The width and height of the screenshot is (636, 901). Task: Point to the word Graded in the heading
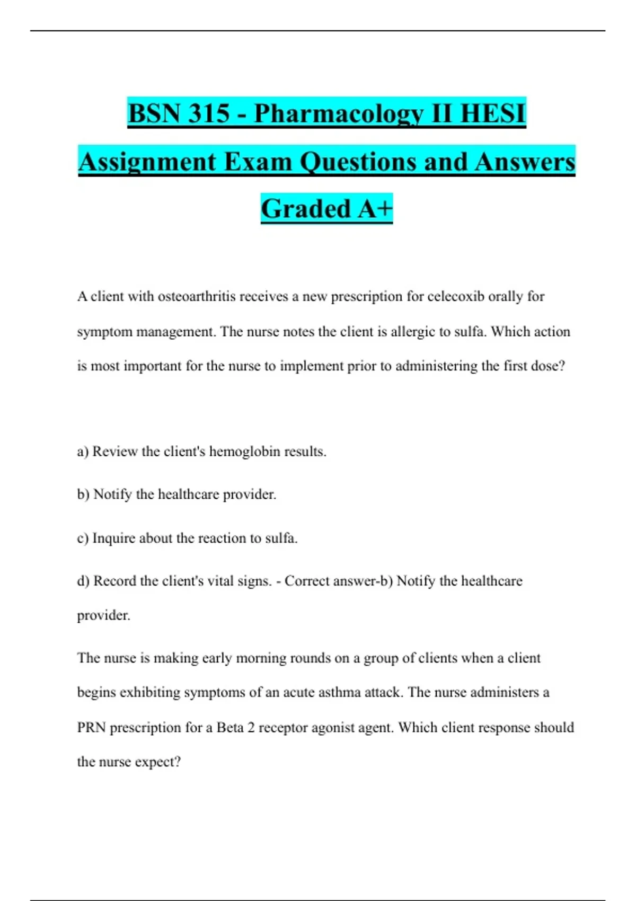pyautogui.click(x=306, y=208)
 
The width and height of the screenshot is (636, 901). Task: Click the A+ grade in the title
pyautogui.click(x=375, y=208)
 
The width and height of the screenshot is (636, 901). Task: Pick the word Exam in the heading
pyautogui.click(x=259, y=162)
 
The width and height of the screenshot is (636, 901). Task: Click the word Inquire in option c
pyautogui.click(x=113, y=538)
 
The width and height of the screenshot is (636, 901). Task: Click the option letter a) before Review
pyautogui.click(x=83, y=452)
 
